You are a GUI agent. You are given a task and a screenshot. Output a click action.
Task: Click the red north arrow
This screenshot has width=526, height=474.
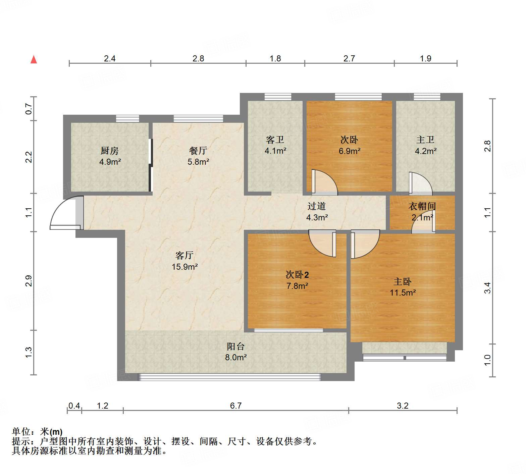point(34,59)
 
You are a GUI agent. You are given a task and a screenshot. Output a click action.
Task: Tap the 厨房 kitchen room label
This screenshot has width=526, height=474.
point(110,151)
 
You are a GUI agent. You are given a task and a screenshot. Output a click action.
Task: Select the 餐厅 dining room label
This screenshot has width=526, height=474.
point(198,151)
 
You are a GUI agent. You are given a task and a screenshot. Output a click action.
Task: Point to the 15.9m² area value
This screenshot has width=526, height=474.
point(185,267)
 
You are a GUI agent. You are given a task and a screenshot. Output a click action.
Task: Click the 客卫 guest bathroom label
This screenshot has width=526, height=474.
point(275,140)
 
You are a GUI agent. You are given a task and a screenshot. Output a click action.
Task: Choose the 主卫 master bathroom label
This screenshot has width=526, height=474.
point(425,140)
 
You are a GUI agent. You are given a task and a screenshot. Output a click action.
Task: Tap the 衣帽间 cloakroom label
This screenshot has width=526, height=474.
point(422,206)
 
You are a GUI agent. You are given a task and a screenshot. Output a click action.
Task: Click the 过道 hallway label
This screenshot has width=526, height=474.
point(317,206)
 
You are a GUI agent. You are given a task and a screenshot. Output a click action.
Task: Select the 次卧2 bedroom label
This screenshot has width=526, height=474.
point(297,275)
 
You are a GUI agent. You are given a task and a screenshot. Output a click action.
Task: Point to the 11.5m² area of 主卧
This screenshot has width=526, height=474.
point(403,293)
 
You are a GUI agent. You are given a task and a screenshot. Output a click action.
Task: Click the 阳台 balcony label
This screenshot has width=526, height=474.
point(236,347)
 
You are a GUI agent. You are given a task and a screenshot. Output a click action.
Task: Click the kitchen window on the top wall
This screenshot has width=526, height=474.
point(127,118)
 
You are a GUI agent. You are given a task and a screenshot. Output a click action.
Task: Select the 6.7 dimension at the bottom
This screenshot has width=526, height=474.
point(236,406)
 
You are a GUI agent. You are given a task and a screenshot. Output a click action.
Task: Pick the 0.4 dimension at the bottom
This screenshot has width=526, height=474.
point(74,406)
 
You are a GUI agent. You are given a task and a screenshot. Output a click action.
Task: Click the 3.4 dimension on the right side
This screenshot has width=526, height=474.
point(487,288)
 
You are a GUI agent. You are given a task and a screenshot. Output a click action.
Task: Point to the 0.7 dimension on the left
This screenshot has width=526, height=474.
point(29,109)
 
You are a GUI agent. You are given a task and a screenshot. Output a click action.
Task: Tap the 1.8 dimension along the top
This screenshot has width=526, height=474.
point(275,59)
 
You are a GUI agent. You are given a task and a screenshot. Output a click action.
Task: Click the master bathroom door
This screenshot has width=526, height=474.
point(421,184)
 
